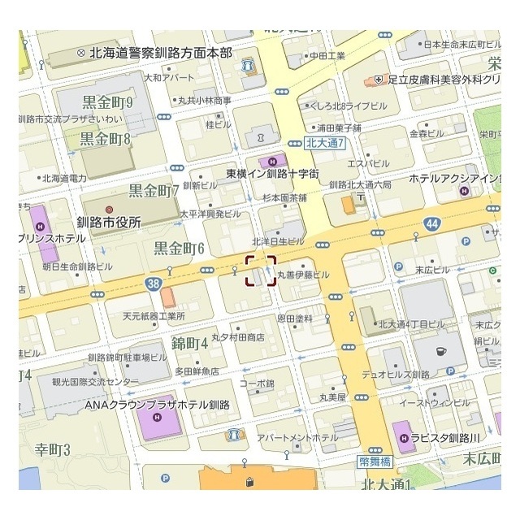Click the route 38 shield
155,284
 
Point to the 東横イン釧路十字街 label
272,174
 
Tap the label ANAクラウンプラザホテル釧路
158,404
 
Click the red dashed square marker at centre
261,271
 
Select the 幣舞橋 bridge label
375,461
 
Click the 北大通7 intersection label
327,143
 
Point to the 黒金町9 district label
107,102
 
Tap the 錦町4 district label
190,343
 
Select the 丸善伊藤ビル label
303,275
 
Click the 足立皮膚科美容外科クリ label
443,80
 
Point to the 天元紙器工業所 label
154,316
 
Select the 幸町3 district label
54,449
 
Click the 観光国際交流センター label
89,381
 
